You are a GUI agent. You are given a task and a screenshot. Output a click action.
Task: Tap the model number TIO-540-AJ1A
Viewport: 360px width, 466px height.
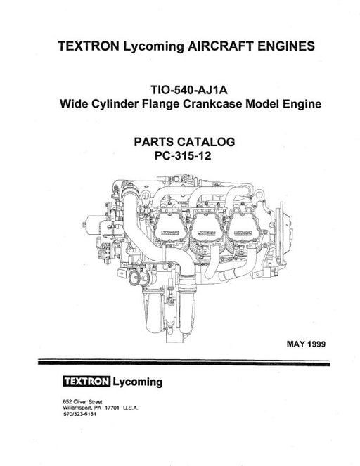click(189, 89)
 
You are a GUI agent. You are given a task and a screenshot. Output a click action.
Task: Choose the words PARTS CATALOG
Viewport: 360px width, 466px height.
click(184, 142)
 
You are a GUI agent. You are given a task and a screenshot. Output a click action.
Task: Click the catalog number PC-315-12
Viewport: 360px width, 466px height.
click(183, 156)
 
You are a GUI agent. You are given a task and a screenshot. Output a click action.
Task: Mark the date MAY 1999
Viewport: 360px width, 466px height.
click(306, 344)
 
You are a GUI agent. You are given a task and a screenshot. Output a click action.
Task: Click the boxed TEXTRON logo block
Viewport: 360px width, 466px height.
click(86, 381)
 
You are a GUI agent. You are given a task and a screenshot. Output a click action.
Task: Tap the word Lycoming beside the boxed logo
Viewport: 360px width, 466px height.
click(138, 382)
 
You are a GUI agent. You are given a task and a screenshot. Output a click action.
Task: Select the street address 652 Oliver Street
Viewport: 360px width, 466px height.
click(83, 401)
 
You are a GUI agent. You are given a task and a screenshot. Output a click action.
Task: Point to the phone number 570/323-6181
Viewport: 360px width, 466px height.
click(79, 414)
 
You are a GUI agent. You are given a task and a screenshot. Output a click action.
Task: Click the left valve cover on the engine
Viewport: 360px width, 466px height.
click(169, 227)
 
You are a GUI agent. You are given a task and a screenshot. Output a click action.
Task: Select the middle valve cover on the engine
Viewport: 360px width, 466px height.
click(206, 226)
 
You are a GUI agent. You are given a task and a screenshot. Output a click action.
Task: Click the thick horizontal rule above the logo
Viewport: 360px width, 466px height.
click(184, 363)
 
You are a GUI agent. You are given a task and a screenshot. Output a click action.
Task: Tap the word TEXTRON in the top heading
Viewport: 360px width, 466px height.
click(89, 46)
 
